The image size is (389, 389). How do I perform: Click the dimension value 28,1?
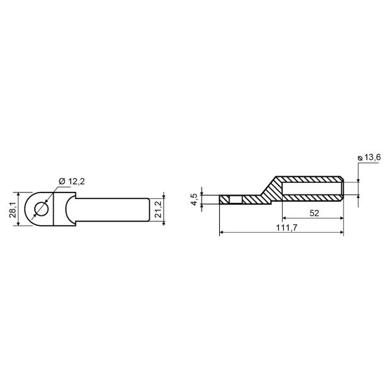(13, 209)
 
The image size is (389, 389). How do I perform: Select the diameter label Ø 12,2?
(72, 182)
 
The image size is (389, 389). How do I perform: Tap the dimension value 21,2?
(158, 209)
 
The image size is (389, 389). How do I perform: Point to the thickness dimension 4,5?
(194, 200)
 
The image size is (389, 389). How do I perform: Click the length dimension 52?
(314, 213)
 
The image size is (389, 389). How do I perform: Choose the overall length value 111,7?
(287, 228)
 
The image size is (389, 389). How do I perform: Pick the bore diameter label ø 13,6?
(369, 158)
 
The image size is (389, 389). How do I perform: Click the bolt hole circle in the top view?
(42, 209)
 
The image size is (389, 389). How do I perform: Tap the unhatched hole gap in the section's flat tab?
(236, 200)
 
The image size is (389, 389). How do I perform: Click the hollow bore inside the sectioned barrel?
(312, 189)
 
